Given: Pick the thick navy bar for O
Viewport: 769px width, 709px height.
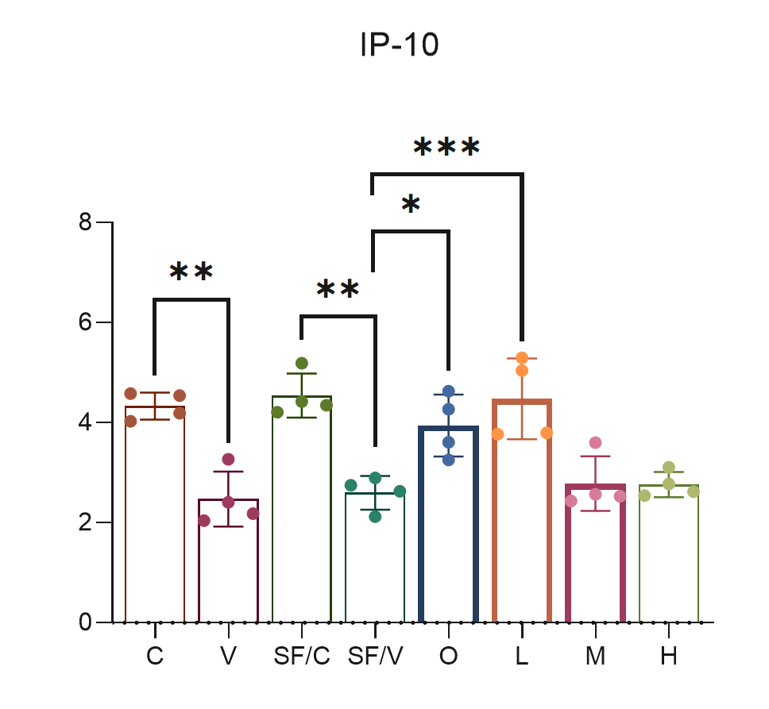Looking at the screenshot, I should pos(449,524).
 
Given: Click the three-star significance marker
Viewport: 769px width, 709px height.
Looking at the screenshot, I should pos(446,148).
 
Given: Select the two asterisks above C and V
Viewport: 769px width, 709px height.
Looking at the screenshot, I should pos(191,273).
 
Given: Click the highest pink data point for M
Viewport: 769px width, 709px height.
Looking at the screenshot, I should pos(595,442).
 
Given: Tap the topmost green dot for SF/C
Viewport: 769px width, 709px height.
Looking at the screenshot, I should pos(302,364).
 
